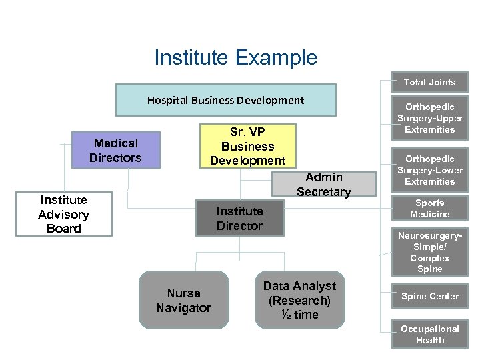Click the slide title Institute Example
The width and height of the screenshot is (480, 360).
pos(235,58)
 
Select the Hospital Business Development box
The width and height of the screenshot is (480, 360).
pos(225,100)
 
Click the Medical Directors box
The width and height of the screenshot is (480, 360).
pos(117,150)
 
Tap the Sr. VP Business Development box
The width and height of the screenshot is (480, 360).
pos(247,146)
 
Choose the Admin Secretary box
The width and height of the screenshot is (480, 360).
pos(323,185)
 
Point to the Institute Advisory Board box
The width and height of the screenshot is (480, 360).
pos(64,214)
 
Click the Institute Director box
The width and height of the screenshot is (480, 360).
pos(239,218)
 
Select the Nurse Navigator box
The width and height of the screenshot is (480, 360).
pos(183,300)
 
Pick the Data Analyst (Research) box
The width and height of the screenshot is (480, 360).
pos(299,300)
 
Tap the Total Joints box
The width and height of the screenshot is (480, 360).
pos(429,82)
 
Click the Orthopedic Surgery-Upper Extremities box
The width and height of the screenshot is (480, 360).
pos(429,118)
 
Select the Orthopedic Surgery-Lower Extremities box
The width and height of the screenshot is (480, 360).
pos(429,170)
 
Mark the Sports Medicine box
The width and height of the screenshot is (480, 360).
pos(429,209)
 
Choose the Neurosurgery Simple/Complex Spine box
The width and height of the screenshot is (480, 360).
pos(429,252)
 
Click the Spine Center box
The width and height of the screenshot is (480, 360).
pos(429,296)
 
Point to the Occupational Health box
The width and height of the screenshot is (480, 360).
pos(429,334)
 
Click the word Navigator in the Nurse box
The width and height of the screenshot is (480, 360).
pos(183,308)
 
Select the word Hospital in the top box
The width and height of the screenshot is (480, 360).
pos(167,101)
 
